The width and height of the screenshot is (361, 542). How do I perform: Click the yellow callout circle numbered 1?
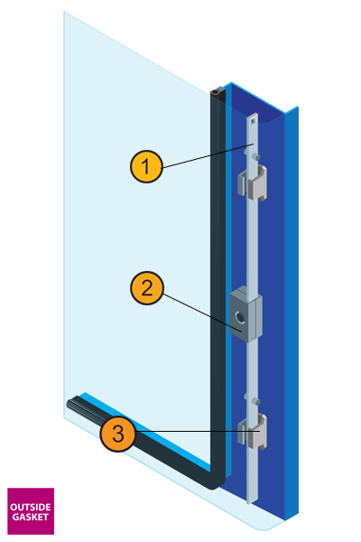[146, 166]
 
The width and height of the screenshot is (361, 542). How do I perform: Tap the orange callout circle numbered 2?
[146, 288]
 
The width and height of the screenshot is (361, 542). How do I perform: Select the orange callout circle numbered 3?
[117, 434]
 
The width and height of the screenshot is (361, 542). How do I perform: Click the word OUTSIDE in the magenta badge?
[31, 507]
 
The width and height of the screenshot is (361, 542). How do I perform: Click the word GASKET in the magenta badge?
[31, 517]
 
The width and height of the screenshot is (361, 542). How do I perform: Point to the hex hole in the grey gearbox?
[239, 317]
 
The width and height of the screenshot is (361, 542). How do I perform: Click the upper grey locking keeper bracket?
[252, 183]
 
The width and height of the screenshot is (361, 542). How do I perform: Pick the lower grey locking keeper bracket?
[252, 432]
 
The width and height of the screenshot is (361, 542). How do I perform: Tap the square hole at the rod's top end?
[254, 121]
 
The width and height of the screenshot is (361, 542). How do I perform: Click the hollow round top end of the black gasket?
[216, 93]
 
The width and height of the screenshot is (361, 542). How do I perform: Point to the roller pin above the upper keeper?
[256, 157]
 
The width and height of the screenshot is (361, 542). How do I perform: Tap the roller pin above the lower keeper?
[256, 402]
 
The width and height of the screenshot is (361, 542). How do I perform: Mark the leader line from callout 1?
[208, 155]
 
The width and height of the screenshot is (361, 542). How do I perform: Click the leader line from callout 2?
[202, 313]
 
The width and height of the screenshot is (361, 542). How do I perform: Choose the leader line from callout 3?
[197, 432]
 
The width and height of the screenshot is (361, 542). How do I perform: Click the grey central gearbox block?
[246, 313]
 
